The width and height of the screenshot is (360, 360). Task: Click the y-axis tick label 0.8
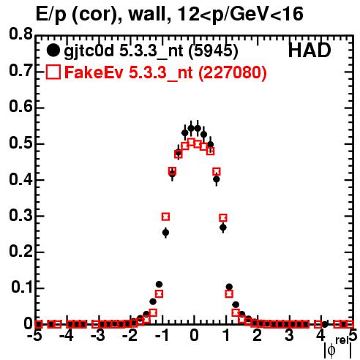point(20,34)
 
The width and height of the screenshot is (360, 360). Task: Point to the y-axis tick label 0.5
point(20,143)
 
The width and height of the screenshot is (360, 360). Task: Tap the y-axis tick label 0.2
point(20,252)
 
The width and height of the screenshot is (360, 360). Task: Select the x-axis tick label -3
point(98,336)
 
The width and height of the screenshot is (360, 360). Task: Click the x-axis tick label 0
point(194,336)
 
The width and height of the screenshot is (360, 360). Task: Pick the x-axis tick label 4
point(320,336)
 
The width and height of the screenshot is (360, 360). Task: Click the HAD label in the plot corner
point(310,50)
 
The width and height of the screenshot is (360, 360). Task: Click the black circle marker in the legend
point(53,50)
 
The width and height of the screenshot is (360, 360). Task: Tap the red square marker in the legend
point(53,72)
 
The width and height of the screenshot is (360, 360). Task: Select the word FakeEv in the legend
point(94,72)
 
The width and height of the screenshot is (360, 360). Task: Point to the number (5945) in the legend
point(214,51)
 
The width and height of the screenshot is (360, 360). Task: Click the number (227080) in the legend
point(233,73)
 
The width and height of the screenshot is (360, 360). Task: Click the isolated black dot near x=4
point(325,324)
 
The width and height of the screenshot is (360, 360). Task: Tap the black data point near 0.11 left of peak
point(159,285)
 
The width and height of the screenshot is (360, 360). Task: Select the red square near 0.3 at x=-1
point(165,217)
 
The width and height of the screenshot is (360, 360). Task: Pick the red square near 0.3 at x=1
point(223,217)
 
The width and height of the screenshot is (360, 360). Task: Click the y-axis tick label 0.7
point(20,70)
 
